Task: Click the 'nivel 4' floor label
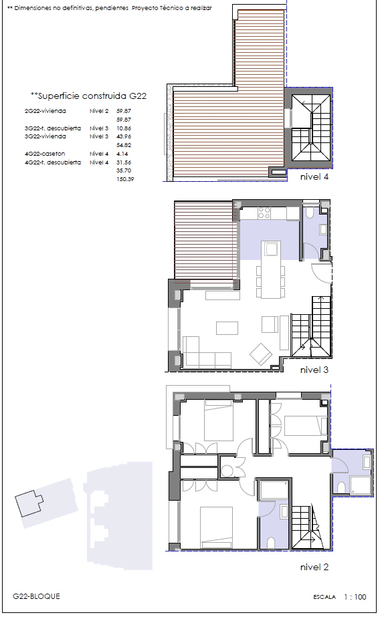click(x=314, y=177)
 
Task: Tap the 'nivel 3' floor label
click(x=314, y=370)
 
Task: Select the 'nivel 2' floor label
click(x=314, y=567)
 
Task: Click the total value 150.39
click(x=125, y=179)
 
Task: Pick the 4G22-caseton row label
click(x=45, y=154)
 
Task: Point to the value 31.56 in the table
click(x=124, y=162)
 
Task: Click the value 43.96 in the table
click(x=124, y=136)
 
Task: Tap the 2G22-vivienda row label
click(x=45, y=111)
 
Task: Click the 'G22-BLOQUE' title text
click(x=36, y=596)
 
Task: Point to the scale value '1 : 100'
click(x=355, y=597)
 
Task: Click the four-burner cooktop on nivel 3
click(x=264, y=213)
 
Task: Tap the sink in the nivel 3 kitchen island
click(x=271, y=249)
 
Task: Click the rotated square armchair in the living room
click(x=260, y=354)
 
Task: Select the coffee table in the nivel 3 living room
click(x=227, y=328)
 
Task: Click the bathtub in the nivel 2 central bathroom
click(x=274, y=489)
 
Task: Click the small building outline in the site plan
click(x=29, y=503)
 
